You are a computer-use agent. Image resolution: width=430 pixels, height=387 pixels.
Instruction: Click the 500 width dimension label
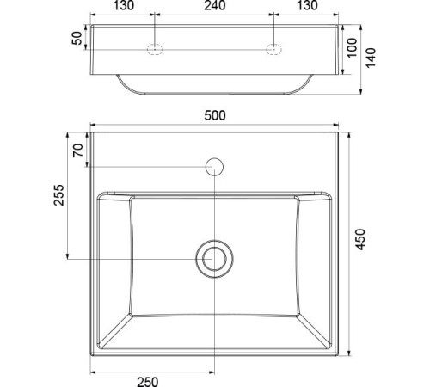(x=215, y=115)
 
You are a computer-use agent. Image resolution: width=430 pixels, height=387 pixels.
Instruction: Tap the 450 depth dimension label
(x=360, y=239)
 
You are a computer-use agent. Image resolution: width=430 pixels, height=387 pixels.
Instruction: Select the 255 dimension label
(x=59, y=195)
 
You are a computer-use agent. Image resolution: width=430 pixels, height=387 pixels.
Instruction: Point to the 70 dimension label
(x=78, y=150)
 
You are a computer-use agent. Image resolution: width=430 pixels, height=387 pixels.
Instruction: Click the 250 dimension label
(x=148, y=382)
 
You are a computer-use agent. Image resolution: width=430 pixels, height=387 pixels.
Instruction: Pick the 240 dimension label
(x=215, y=5)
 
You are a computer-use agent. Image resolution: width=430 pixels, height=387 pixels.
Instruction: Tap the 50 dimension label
(x=77, y=38)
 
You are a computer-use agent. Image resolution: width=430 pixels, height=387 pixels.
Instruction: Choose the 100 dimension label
(x=353, y=48)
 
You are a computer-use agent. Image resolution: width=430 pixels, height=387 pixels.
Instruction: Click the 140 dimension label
(x=371, y=58)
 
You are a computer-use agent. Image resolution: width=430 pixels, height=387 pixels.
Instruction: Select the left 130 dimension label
(x=124, y=5)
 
